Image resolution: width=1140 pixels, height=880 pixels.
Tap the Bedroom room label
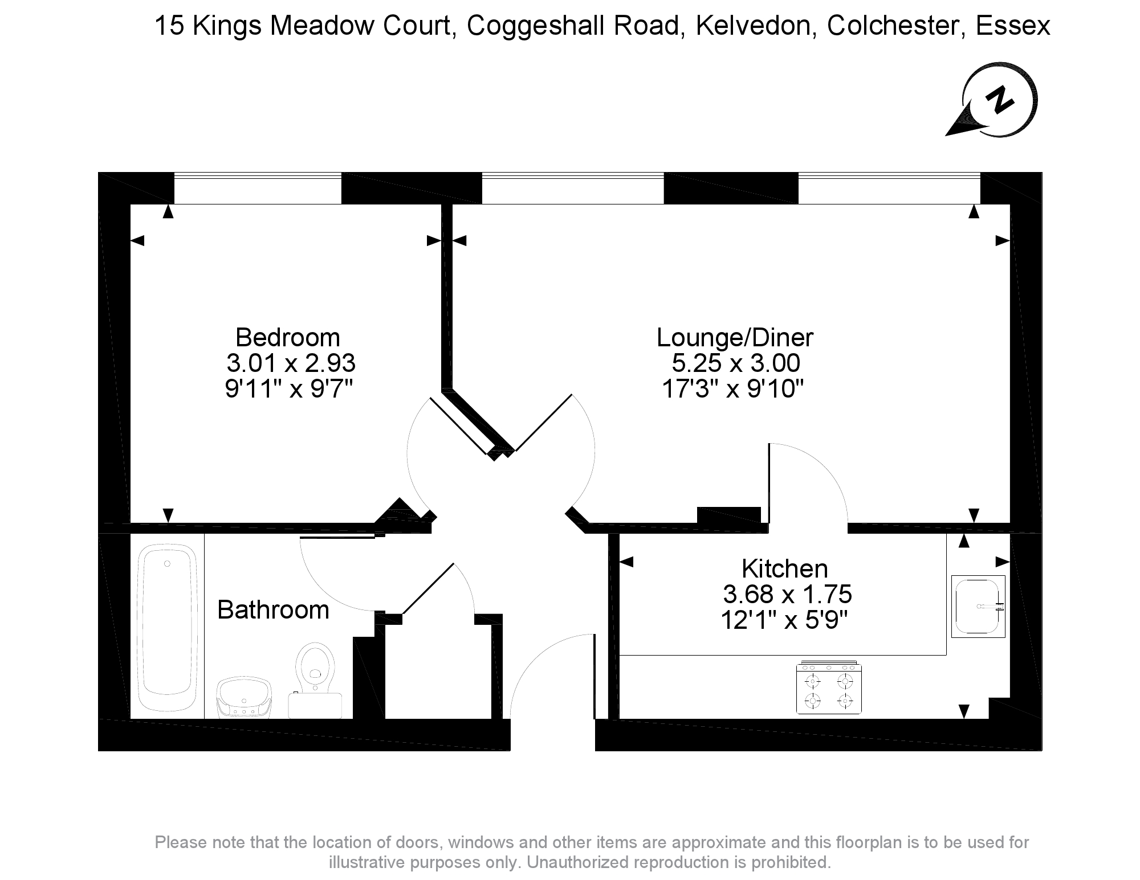tap(287, 338)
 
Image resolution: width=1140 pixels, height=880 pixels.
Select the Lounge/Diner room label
tap(735, 338)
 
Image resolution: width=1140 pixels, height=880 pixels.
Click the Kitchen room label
tap(784, 569)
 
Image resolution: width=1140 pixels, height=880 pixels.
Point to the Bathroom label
tap(273, 610)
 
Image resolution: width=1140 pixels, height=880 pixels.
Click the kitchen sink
tap(977, 606)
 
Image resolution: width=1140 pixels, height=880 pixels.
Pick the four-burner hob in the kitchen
tap(829, 689)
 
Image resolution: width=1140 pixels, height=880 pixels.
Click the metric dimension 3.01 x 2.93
tap(291, 363)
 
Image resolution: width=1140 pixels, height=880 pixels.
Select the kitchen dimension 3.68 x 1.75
tap(787, 595)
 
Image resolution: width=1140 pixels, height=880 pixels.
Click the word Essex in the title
tap(1013, 26)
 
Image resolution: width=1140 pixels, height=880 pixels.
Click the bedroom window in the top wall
tap(257, 188)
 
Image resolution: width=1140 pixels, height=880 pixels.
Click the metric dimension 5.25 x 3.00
tap(736, 363)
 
